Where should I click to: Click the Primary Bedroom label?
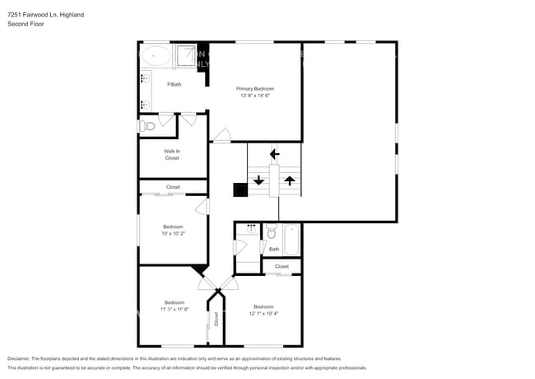click(x=254, y=88)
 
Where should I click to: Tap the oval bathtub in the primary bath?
click(x=156, y=57)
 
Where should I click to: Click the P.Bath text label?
click(x=174, y=84)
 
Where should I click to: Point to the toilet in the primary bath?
click(x=147, y=125)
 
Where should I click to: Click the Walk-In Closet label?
click(x=172, y=154)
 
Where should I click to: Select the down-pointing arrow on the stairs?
click(x=259, y=179)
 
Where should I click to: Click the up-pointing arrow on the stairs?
click(x=289, y=179)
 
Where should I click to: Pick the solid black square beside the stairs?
click(x=240, y=190)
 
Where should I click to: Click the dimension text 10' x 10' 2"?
click(x=173, y=233)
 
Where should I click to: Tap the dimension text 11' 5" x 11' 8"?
click(x=174, y=309)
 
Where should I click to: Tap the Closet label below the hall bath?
click(x=281, y=266)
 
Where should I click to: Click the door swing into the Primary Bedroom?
click(x=221, y=135)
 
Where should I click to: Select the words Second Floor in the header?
click(x=25, y=24)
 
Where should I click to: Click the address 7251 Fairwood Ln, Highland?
click(x=44, y=15)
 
